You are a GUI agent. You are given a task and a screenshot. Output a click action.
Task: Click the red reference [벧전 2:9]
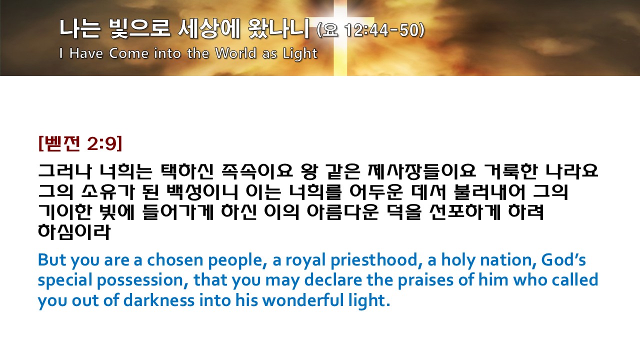(80, 143)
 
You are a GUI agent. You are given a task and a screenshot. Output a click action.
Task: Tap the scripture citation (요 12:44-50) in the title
(370, 30)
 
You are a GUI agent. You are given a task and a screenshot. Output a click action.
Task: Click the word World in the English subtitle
(235, 53)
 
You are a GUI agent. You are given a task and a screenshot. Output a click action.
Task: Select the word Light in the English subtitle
(300, 53)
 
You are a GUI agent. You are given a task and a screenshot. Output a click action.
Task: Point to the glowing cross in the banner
(340, 37)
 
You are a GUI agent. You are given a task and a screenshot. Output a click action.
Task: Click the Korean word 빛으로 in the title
(139, 28)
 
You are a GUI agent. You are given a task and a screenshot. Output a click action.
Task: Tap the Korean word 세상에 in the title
(209, 28)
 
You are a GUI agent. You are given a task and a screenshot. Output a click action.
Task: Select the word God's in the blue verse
(563, 259)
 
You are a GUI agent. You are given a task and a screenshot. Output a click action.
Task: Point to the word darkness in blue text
(159, 300)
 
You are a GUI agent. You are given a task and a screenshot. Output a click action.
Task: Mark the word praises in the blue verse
(425, 280)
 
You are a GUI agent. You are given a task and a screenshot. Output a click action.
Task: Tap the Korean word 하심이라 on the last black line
(74, 231)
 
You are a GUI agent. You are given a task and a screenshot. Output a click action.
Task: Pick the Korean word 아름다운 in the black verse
(342, 211)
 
